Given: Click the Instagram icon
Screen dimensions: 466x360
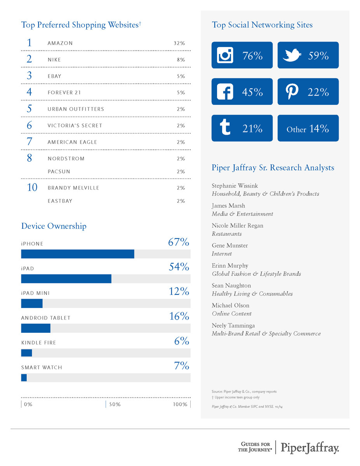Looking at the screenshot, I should (x=225, y=56).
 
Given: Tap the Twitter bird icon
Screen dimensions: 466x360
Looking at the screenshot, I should (x=292, y=56).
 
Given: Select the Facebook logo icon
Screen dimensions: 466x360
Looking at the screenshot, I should (x=225, y=92).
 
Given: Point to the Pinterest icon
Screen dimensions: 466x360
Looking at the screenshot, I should (x=292, y=92).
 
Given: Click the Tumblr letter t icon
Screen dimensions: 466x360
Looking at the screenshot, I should (x=225, y=128).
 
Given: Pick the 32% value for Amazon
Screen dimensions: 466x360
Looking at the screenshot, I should (x=179, y=43).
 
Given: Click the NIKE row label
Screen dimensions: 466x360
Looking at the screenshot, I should (x=54, y=60).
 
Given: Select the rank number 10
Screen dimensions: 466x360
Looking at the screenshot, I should (x=32, y=188).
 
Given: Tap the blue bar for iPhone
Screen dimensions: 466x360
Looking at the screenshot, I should (x=78, y=254).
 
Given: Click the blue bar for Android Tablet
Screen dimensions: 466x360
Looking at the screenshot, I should (x=36, y=328).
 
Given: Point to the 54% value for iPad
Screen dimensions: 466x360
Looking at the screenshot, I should (x=179, y=267).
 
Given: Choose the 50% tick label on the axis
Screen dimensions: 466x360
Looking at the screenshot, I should (x=115, y=405).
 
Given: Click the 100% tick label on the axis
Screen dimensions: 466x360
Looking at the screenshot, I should (x=180, y=405).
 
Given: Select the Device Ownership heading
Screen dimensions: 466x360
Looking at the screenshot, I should (x=54, y=226).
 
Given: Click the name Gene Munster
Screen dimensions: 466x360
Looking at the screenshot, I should (x=230, y=245).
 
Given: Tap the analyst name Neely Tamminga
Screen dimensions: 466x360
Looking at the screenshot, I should (x=233, y=325).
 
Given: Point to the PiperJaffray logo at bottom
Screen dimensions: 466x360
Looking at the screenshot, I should (x=310, y=447).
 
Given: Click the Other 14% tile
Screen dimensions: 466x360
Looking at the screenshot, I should (x=308, y=129).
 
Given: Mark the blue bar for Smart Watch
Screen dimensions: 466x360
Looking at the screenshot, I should (x=24, y=377).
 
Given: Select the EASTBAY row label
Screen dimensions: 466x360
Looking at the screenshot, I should (x=60, y=201).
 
